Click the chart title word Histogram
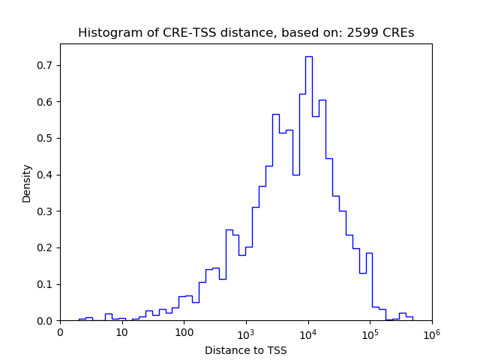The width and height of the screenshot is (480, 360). (x=106, y=33)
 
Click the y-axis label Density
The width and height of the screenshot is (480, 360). (x=27, y=183)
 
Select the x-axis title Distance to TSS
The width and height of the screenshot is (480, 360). (x=246, y=350)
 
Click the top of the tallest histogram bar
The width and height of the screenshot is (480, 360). (x=308, y=57)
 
